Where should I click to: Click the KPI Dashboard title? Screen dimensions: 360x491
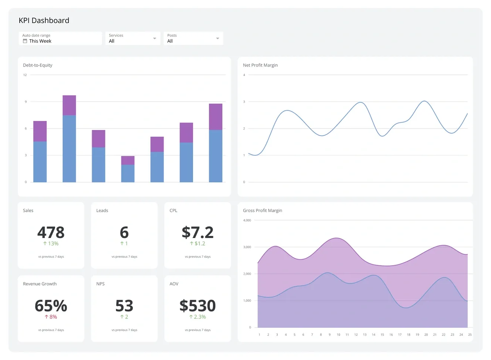click(x=44, y=20)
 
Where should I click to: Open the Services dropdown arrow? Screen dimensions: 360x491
click(x=154, y=39)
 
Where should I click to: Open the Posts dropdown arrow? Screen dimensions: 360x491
click(x=218, y=39)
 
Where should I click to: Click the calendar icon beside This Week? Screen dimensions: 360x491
click(x=25, y=41)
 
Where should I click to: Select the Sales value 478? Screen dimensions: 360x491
click(x=51, y=232)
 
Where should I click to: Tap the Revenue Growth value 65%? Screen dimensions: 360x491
click(x=51, y=306)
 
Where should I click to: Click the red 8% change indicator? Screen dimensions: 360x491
click(x=51, y=317)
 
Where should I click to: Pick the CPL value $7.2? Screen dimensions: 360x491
click(x=198, y=232)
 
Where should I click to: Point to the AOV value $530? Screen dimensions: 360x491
click(x=198, y=306)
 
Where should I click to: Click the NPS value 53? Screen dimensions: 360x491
click(x=124, y=306)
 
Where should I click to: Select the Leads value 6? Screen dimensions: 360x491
click(x=124, y=232)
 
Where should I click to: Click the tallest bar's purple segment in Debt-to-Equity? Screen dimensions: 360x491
click(x=69, y=105)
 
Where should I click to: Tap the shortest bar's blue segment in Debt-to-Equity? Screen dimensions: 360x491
click(x=128, y=173)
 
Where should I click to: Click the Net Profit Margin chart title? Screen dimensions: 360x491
click(x=260, y=65)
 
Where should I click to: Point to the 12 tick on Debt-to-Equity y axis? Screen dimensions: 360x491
click(x=25, y=75)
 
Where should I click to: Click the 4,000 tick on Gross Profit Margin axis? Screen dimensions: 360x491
click(x=247, y=220)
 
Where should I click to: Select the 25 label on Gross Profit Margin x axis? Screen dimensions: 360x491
click(x=470, y=335)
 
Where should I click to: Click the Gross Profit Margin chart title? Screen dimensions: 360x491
click(x=262, y=210)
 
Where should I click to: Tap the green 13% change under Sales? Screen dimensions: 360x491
click(x=51, y=244)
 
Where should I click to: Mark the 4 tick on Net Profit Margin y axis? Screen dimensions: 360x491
click(x=244, y=75)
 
